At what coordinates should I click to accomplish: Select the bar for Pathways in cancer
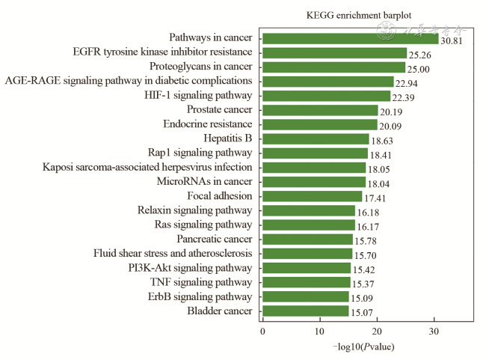pyautogui.click(x=350, y=38)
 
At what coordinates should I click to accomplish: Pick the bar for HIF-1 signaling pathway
pyautogui.click(x=326, y=96)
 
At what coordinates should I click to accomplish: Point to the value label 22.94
pyautogui.click(x=409, y=82)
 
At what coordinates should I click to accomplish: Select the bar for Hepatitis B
pyautogui.click(x=316, y=138)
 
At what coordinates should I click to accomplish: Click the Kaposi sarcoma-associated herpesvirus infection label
pyautogui.click(x=147, y=167)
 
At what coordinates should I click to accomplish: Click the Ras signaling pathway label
pyautogui.click(x=203, y=225)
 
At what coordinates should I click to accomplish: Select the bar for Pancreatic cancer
pyautogui.click(x=307, y=239)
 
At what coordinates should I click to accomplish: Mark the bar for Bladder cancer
pyautogui.click(x=305, y=311)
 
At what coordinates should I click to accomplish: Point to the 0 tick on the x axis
pyautogui.click(x=262, y=331)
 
